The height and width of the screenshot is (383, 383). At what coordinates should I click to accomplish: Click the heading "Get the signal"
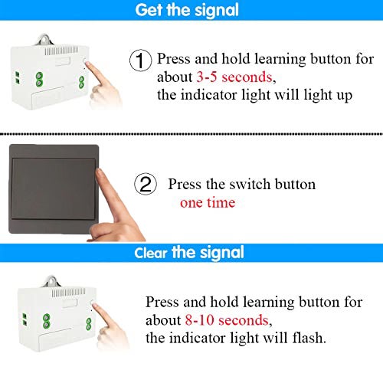[x=187, y=10]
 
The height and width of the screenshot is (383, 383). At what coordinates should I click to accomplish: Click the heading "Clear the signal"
[x=189, y=253]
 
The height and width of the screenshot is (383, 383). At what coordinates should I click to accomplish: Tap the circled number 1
[x=140, y=61]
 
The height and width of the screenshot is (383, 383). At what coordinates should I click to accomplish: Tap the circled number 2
[x=146, y=184]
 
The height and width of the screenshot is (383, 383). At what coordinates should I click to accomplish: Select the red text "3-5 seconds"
[x=234, y=77]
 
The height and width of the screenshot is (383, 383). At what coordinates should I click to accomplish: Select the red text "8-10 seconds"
[x=227, y=320]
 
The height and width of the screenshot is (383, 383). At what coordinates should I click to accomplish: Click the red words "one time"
[x=208, y=203]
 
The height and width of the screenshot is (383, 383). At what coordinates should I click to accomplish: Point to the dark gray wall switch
[x=54, y=189]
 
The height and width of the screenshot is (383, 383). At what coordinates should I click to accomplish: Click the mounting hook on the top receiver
[x=44, y=40]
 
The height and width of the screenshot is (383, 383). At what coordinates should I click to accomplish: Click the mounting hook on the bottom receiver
[x=51, y=281]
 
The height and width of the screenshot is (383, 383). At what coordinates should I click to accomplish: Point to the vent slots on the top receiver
[x=61, y=51]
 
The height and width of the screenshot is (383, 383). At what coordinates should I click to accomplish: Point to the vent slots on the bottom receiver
[x=69, y=293]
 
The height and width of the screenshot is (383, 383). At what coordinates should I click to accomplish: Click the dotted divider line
[x=191, y=134]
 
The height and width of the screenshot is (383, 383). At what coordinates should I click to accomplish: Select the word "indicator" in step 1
[x=208, y=95]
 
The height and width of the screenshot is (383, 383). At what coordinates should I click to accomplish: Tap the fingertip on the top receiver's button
[x=87, y=64]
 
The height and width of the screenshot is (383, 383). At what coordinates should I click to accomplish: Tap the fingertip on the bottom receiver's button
[x=95, y=306]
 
